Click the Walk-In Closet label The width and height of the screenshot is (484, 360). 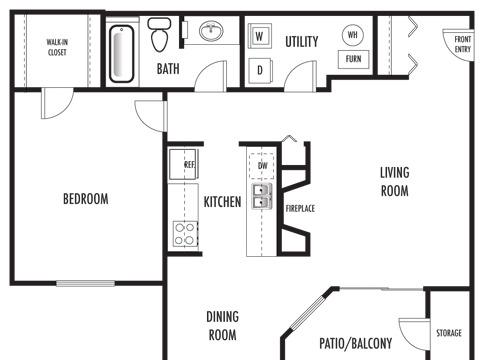(x=57, y=47)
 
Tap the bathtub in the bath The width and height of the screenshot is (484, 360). (x=122, y=54)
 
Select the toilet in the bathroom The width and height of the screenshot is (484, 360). (x=159, y=34)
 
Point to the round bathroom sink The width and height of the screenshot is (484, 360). (x=211, y=31)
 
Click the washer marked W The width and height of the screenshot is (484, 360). (x=259, y=36)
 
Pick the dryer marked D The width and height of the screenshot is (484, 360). (x=260, y=70)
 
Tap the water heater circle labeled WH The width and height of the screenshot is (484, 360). (x=353, y=34)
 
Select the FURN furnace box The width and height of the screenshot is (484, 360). (x=354, y=59)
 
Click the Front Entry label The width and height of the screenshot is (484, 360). (x=463, y=44)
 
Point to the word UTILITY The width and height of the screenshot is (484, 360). (x=302, y=42)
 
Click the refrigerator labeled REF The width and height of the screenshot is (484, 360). (x=184, y=164)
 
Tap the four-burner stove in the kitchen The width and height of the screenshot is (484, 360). (x=185, y=234)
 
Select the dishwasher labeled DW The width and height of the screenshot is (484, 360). (x=262, y=166)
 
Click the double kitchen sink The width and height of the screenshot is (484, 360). (x=262, y=196)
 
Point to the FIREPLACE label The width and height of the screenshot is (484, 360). (x=300, y=209)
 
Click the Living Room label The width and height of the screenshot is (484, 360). (x=395, y=182)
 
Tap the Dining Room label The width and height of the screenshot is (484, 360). (x=222, y=326)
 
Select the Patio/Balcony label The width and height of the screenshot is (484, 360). (x=356, y=343)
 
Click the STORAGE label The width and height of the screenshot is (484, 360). (x=449, y=333)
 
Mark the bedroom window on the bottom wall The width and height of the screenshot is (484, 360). (x=86, y=283)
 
